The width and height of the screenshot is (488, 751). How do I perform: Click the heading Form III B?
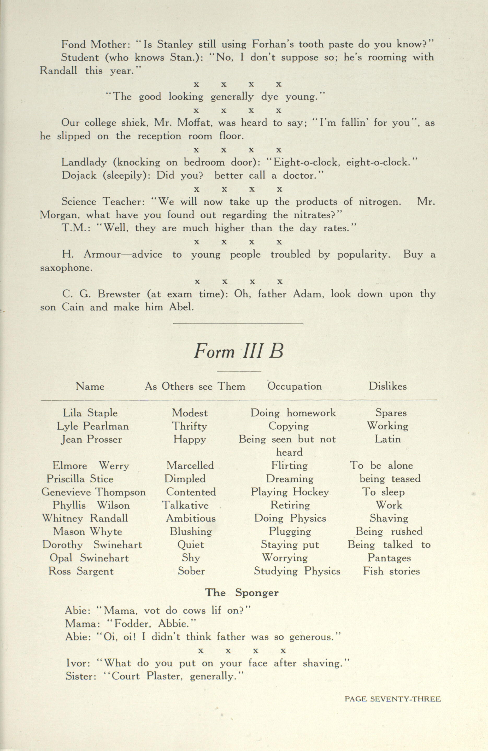click(x=238, y=351)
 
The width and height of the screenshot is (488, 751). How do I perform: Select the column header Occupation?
click(x=295, y=386)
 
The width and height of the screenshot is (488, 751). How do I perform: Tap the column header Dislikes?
click(x=388, y=386)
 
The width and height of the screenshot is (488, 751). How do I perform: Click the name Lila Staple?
click(x=90, y=413)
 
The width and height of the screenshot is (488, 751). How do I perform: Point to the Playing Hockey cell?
click(x=290, y=492)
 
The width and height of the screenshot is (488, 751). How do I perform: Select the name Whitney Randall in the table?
click(x=85, y=518)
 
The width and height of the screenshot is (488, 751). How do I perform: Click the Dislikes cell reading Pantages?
click(x=389, y=558)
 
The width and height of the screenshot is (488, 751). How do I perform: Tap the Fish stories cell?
click(x=391, y=571)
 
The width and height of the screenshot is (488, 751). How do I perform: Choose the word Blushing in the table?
click(x=191, y=531)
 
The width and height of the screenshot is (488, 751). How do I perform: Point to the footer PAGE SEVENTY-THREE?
click(x=392, y=699)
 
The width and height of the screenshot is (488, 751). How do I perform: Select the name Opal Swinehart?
click(x=89, y=558)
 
